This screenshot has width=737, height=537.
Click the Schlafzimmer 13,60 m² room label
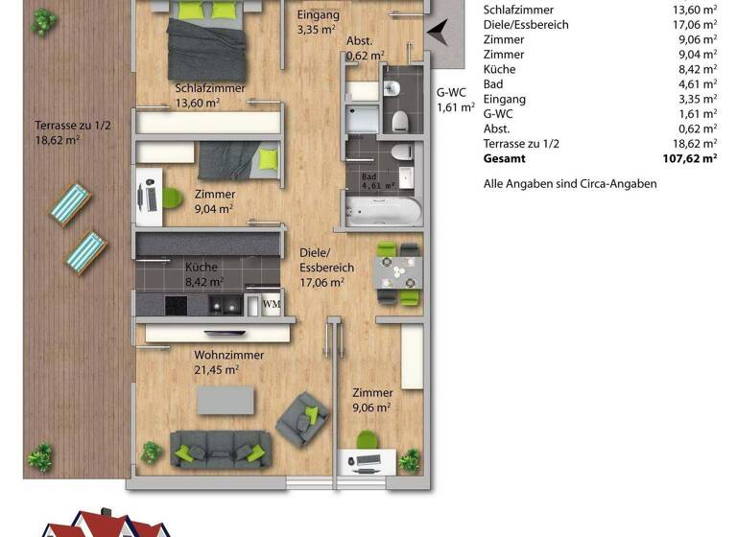pyautogui.click(x=210, y=97)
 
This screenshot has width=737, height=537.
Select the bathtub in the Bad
pyautogui.click(x=380, y=211)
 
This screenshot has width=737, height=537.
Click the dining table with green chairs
pyautogui.click(x=397, y=274)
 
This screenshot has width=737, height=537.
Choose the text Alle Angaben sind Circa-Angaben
pyautogui.click(x=570, y=183)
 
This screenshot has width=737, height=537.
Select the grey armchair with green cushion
pyautogui.click(x=301, y=418)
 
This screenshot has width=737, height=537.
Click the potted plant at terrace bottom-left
pyautogui.click(x=40, y=456)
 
